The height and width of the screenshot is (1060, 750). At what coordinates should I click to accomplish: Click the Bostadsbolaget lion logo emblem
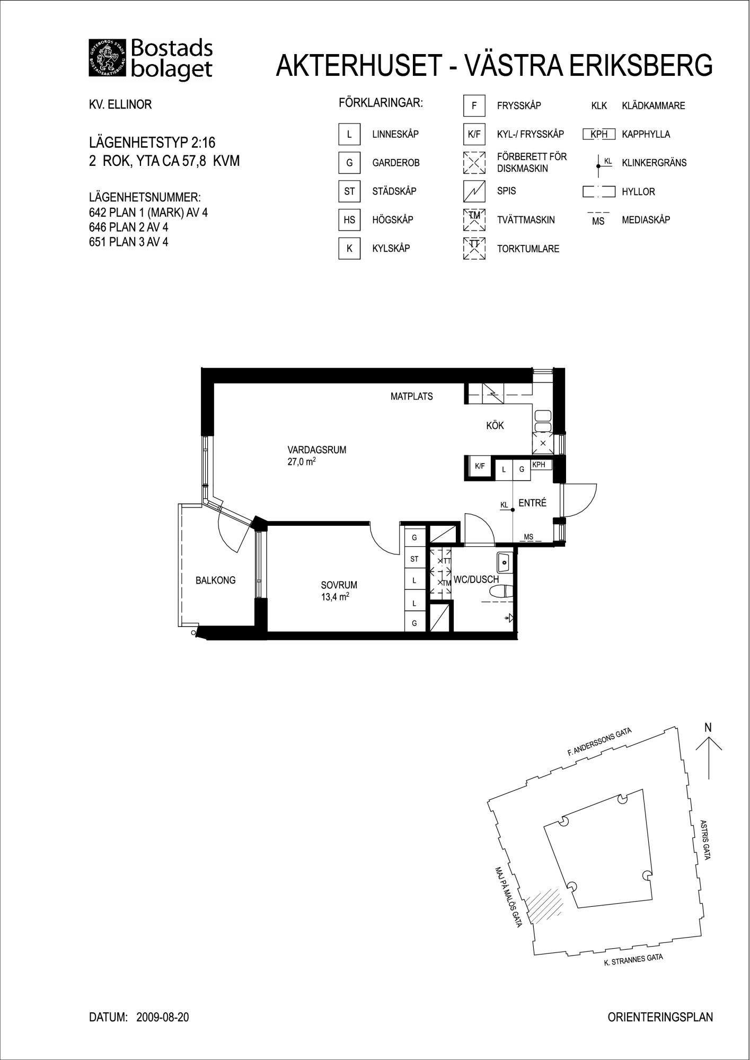(108, 59)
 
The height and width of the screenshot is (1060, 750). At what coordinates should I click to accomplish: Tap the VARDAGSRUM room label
(317, 450)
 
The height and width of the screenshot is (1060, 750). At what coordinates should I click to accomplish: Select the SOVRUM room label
(339, 585)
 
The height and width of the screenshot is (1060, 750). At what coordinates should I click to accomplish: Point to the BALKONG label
(215, 580)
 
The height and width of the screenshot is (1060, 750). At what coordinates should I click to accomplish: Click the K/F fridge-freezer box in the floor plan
(480, 467)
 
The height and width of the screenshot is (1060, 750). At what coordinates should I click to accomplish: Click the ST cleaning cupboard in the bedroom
(414, 559)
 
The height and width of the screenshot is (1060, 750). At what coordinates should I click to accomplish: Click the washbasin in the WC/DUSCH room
(504, 562)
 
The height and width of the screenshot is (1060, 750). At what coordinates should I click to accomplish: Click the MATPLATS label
(412, 396)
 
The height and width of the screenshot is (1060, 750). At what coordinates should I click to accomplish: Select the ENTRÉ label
(532, 503)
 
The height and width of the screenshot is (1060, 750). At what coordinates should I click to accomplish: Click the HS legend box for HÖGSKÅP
(349, 220)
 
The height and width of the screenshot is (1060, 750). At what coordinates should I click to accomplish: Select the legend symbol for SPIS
(474, 191)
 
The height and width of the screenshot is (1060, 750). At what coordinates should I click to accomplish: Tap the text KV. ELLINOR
(120, 105)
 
